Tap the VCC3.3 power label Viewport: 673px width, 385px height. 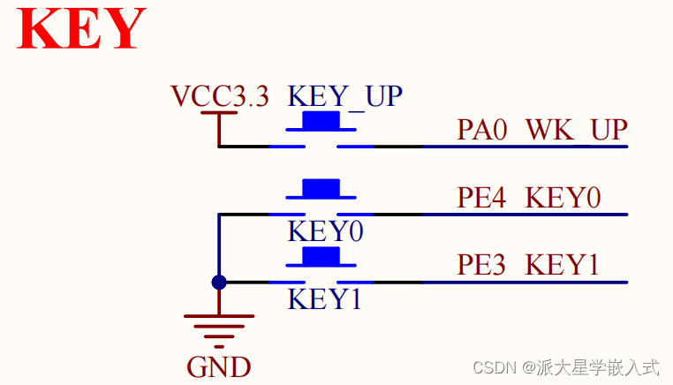click(219, 95)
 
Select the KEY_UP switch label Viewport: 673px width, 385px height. click(345, 95)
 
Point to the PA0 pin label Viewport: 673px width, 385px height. click(482, 130)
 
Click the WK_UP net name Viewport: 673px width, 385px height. click(576, 130)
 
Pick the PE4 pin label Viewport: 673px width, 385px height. click(482, 197)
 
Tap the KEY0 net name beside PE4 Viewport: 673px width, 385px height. click(563, 197)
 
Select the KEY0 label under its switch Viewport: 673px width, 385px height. click(325, 232)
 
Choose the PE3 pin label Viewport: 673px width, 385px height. click(482, 264)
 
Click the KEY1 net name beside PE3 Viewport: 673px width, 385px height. click(563, 264)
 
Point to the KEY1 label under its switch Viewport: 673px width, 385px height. click(325, 299)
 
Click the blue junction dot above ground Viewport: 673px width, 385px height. click(219, 283)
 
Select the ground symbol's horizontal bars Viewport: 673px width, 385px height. click(219, 326)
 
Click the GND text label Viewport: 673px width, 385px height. click(219, 366)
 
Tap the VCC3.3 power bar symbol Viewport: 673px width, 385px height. click(219, 114)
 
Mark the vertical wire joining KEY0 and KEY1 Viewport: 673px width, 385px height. click(219, 247)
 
